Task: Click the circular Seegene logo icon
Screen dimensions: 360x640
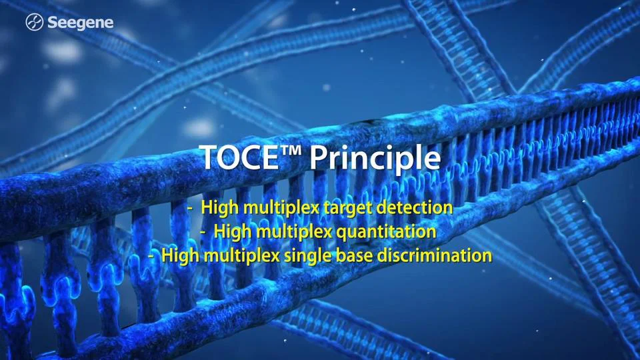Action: pos(35,23)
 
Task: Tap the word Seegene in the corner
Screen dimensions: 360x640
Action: pos(80,23)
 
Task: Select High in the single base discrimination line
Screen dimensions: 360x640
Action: pos(180,255)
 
